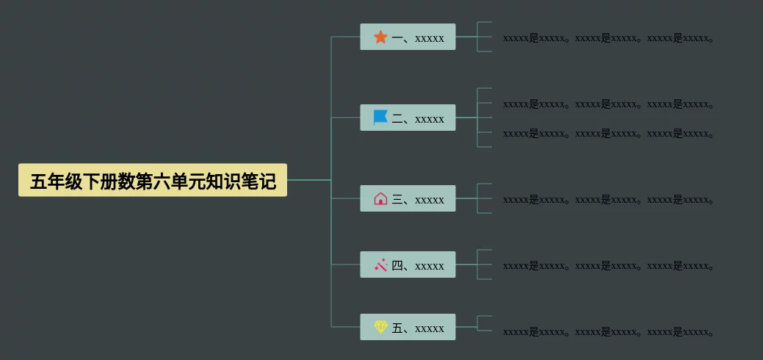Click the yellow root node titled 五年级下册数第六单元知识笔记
pyautogui.click(x=153, y=180)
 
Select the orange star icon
pyautogui.click(x=380, y=37)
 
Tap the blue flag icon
pyautogui.click(x=380, y=118)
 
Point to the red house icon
pyautogui.click(x=380, y=198)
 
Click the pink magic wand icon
pyautogui.click(x=380, y=264)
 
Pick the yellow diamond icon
pyautogui.click(x=380, y=327)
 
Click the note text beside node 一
pyautogui.click(x=608, y=38)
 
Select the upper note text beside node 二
pyautogui.click(x=608, y=104)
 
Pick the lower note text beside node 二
pyautogui.click(x=608, y=134)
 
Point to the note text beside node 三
pyautogui.click(x=608, y=200)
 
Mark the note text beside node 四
pyautogui.click(x=608, y=266)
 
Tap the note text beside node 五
pyautogui.click(x=608, y=332)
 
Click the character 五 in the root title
pyautogui.click(x=38, y=181)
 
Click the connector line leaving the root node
pyautogui.click(x=308, y=180)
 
